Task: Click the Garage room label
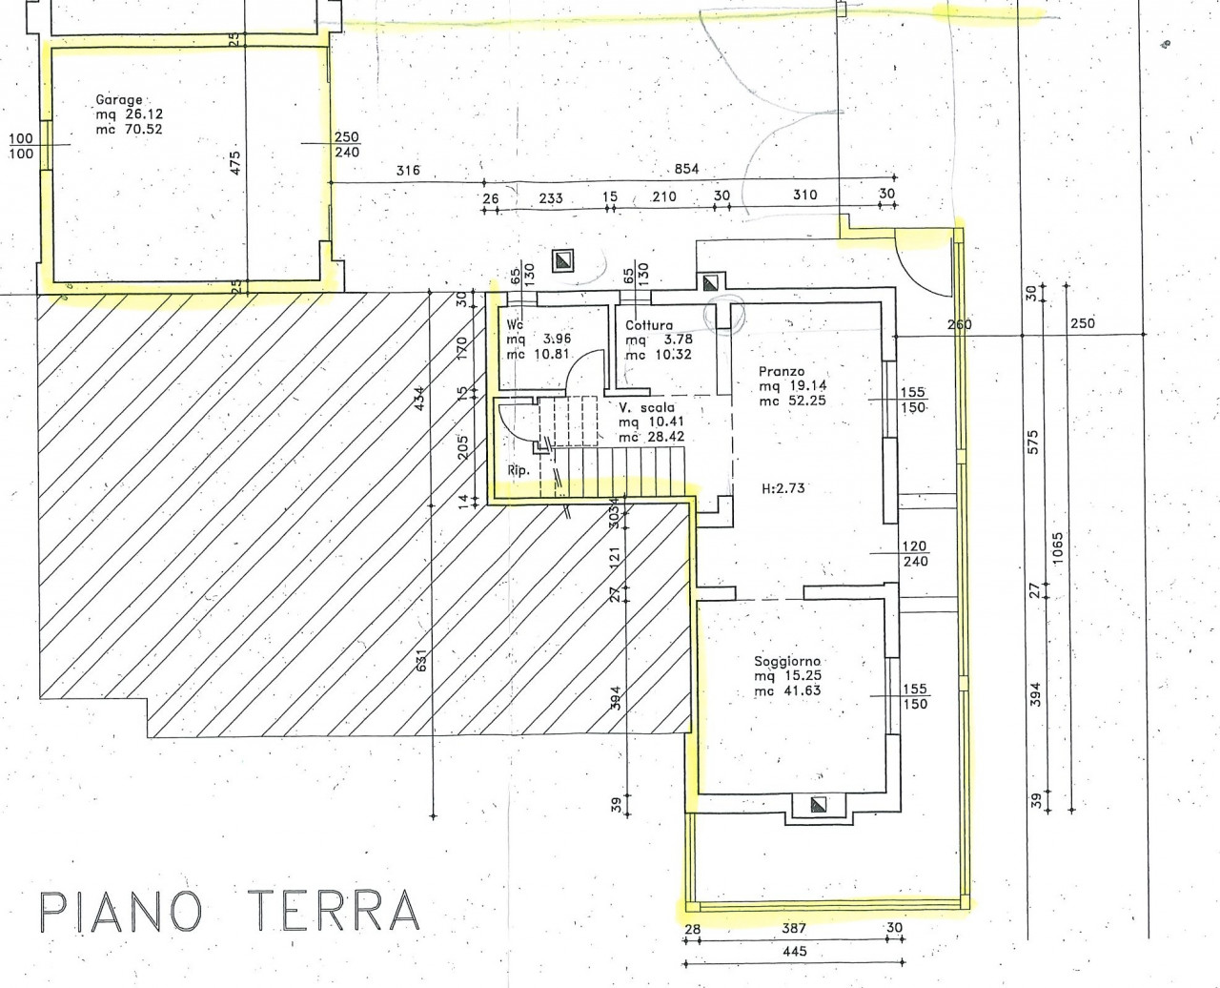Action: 119,100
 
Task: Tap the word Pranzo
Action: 782,371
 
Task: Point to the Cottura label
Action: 649,325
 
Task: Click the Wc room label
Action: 515,324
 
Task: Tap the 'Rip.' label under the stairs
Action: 518,470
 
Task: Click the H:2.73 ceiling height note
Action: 783,488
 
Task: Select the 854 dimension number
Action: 687,169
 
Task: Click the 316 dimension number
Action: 408,170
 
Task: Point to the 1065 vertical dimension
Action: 1057,547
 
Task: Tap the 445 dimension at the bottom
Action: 794,952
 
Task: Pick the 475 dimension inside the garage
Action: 234,163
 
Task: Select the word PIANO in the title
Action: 121,911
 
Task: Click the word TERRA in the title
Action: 335,911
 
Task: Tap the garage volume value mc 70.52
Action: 129,130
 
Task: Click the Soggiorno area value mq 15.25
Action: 787,676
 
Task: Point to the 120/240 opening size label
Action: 915,553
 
